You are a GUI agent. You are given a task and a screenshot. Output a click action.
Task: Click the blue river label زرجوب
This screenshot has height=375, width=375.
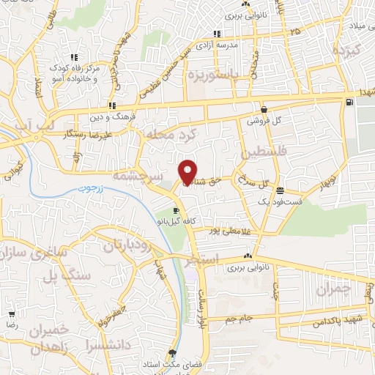pyautogui.click(x=87, y=189)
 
